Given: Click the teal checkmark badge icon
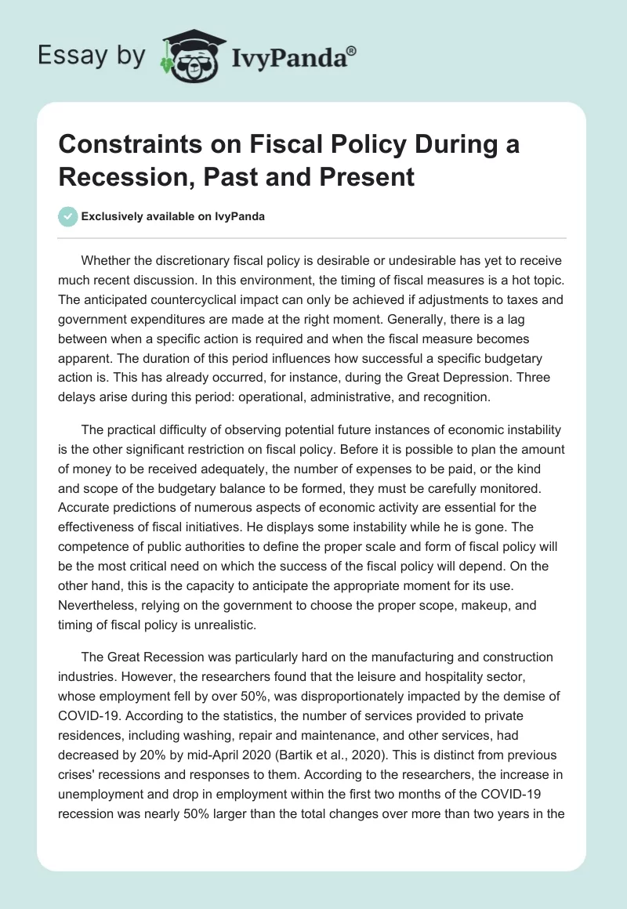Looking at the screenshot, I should tap(67, 216).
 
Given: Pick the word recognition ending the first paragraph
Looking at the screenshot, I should tap(458, 397).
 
